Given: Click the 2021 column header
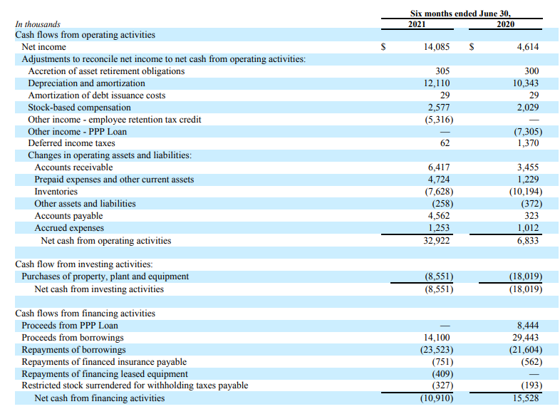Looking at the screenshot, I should [417, 24].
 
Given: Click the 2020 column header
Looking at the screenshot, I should [504, 24].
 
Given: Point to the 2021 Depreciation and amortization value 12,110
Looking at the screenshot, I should [435, 83].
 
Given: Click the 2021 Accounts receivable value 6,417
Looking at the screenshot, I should [438, 167].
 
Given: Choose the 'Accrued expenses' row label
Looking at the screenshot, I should [69, 228].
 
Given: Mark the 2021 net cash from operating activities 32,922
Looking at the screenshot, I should [435, 241].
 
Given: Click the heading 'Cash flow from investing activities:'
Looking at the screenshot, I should [84, 264].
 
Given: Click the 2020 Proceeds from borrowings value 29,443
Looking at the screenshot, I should [524, 338].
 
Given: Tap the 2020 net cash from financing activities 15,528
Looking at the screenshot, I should [524, 398].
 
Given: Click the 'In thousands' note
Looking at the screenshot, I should [38, 24].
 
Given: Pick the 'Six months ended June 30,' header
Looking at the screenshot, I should [461, 14].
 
